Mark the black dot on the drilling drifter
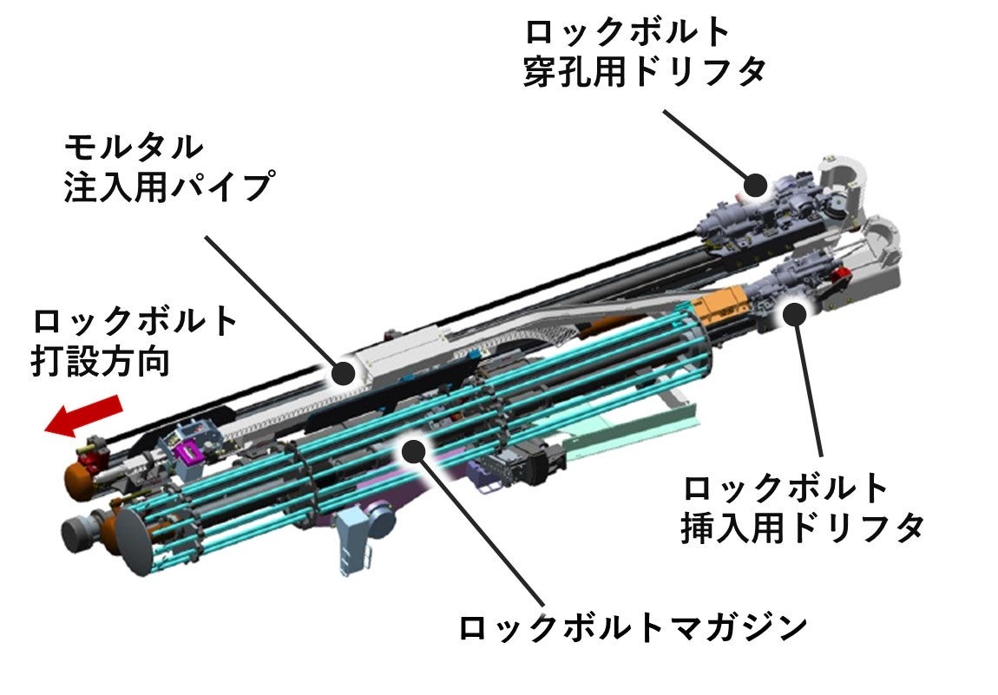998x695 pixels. pos(755,184)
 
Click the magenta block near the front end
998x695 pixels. pos(188,453)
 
